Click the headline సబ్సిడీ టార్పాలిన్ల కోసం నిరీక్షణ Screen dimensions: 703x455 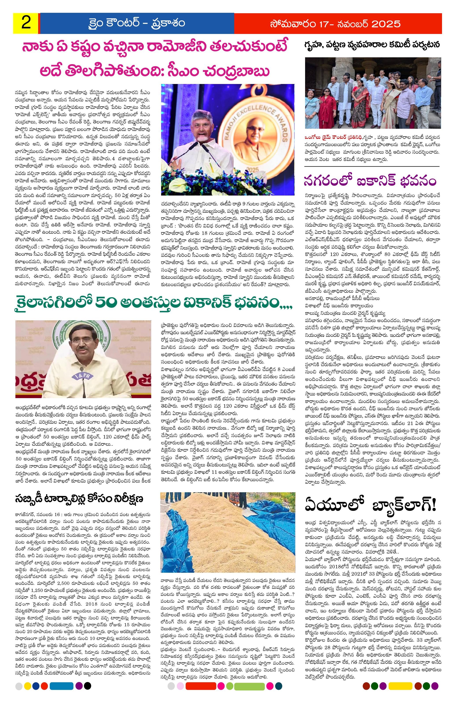[79, 499]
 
